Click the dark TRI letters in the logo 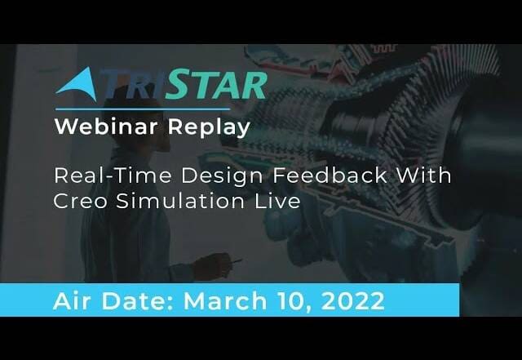pyautogui.click(x=133, y=85)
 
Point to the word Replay pyautogui.click(x=209, y=127)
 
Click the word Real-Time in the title pyautogui.click(x=113, y=176)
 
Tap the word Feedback pyautogui.click(x=330, y=176)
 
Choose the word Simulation pyautogui.click(x=180, y=201)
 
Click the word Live pyautogui.click(x=277, y=201)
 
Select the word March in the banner pyautogui.click(x=225, y=300)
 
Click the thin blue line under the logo pyautogui.click(x=143, y=109)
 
